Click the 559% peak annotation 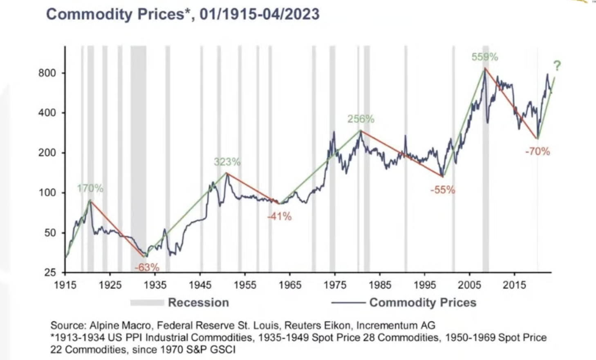point(485,57)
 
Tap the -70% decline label point(538,151)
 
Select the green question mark point(557,65)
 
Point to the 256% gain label point(361,119)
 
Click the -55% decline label point(442,190)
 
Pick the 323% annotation point(227,162)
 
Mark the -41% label point(280,216)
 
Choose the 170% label point(90,188)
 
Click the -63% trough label point(147,268)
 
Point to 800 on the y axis point(47,73)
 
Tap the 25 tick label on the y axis point(50,272)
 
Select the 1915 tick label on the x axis point(65,285)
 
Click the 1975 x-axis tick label point(335,285)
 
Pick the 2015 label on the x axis point(514,285)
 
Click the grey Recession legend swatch point(147,303)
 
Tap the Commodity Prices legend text point(423,303)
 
